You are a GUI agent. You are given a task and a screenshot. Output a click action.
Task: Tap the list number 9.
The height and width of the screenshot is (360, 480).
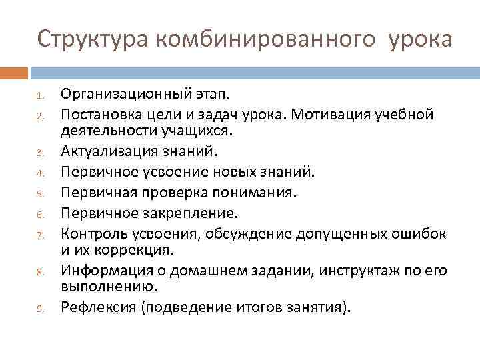click(x=40, y=309)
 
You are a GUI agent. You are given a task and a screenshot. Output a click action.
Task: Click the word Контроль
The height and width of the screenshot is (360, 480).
click(x=93, y=233)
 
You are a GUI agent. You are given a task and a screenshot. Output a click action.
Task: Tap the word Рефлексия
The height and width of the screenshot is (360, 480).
click(x=95, y=307)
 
